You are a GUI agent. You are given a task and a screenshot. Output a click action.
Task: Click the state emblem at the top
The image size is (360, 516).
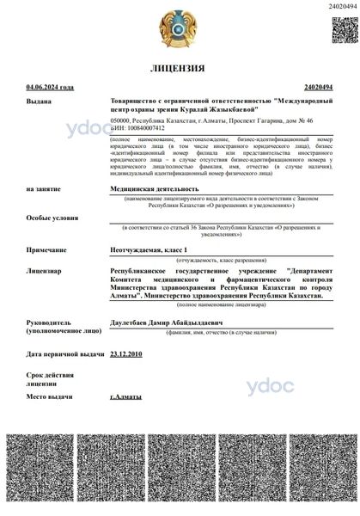click(179, 29)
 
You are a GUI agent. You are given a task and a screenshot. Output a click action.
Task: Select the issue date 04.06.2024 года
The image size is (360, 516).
click(51, 88)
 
